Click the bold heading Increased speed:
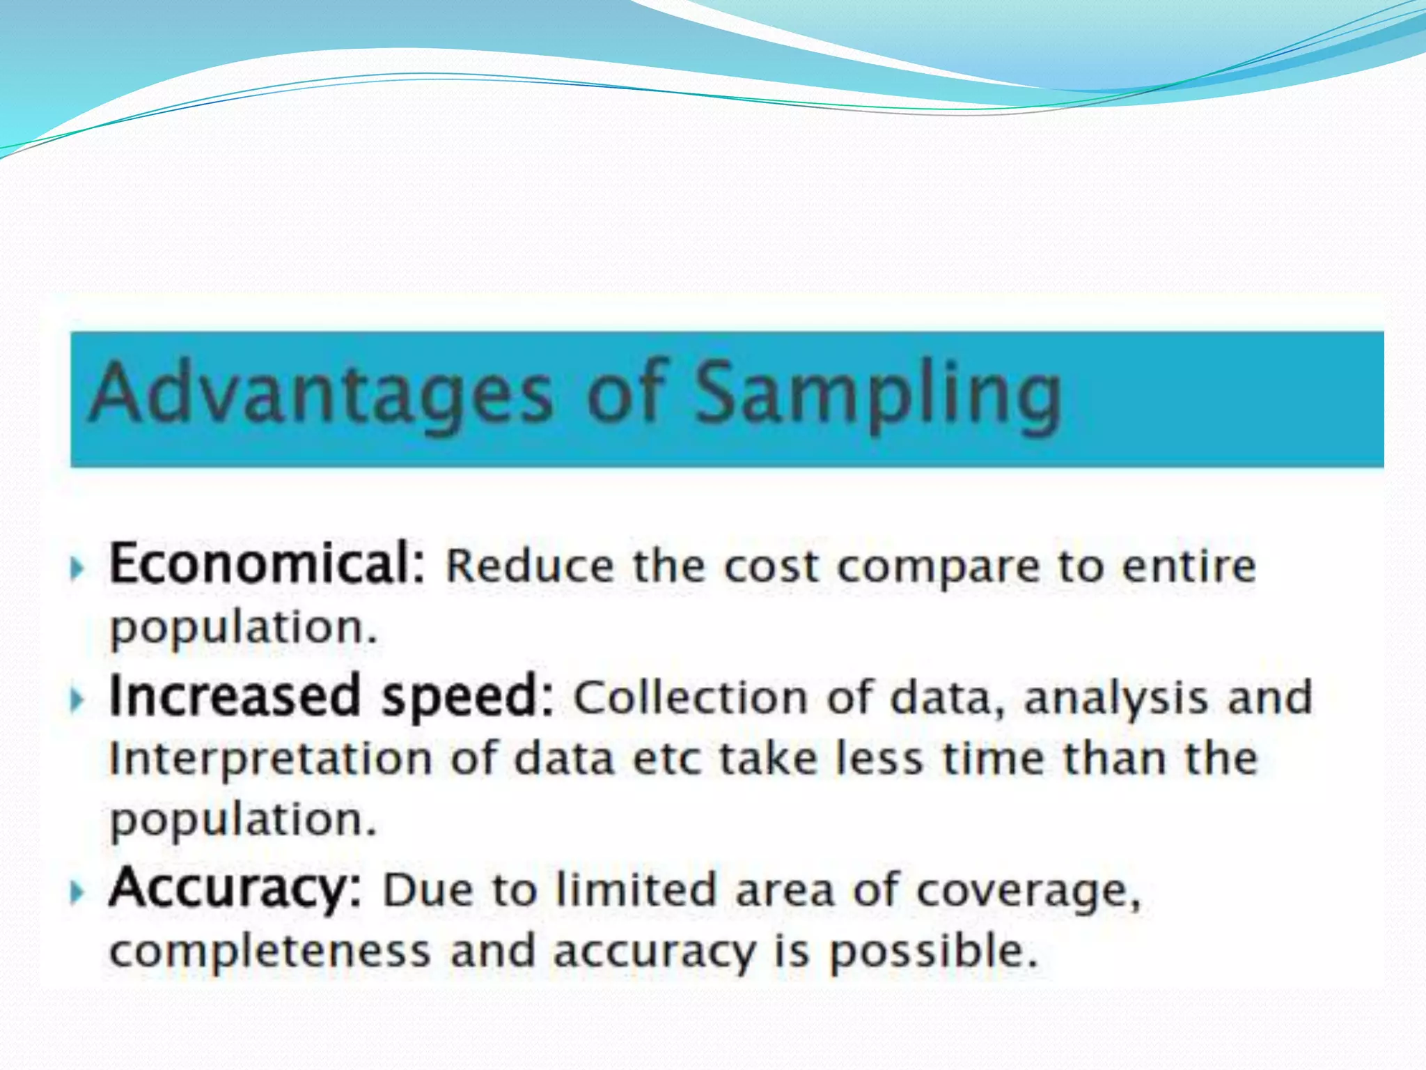tap(331, 697)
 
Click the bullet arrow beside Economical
tap(78, 568)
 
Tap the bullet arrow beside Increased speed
tap(78, 699)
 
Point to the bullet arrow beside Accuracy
tap(78, 892)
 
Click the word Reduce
tap(530, 566)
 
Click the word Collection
tap(690, 698)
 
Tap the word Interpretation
tap(270, 759)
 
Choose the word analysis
tap(1116, 698)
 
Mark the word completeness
tap(270, 952)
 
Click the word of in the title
tap(625, 394)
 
